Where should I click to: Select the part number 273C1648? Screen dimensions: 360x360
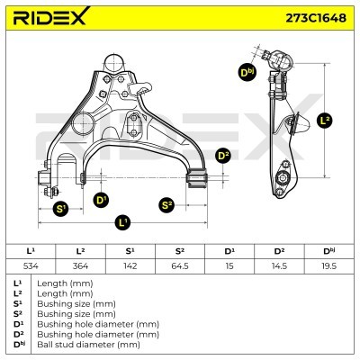tap(316, 18)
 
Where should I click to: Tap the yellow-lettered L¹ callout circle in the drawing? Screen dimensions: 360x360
tap(122, 222)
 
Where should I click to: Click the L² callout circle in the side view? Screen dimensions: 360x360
tap(325, 121)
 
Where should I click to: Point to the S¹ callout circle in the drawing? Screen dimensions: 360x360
tap(60, 209)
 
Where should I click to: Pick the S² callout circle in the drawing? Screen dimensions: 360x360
tap(166, 205)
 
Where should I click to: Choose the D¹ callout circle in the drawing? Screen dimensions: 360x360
tap(101, 200)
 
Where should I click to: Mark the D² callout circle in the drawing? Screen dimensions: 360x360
tap(223, 156)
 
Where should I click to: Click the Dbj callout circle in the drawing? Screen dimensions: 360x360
tap(247, 73)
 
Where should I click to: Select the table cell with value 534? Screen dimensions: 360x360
tap(31, 265)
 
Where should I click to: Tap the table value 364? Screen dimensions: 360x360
tap(80, 265)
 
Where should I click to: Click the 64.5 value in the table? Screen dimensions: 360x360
tap(180, 265)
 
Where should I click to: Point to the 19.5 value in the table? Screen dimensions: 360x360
tap(328, 265)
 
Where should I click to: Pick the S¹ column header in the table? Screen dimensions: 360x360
tap(130, 251)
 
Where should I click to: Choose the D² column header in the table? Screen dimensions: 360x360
tap(279, 251)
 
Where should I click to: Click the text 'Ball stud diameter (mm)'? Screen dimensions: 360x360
tap(88, 345)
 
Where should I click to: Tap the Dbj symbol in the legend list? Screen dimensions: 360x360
tap(22, 344)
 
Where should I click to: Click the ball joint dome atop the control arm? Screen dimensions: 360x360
tap(113, 62)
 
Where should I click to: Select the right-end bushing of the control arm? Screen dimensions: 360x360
tap(197, 178)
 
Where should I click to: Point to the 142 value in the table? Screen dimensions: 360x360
tap(130, 265)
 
